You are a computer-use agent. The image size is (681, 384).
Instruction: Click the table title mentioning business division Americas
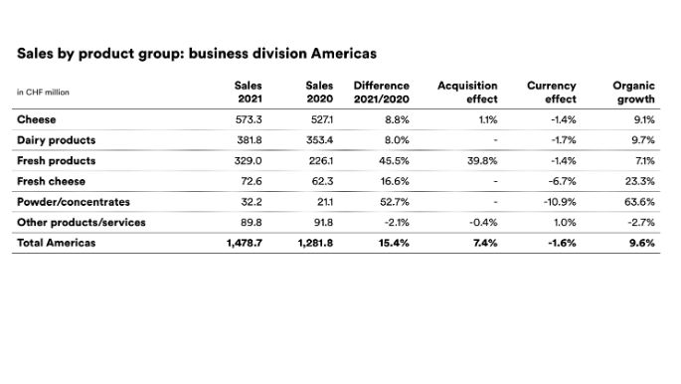(196, 52)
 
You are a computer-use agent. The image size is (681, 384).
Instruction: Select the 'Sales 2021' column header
(249, 93)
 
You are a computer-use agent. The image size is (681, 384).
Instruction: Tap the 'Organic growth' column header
(634, 93)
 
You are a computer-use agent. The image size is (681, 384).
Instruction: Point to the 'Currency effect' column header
(552, 93)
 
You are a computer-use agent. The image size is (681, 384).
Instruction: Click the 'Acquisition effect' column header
(467, 93)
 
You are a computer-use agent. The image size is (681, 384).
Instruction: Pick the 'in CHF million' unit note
(43, 93)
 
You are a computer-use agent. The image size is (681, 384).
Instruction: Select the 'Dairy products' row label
(56, 140)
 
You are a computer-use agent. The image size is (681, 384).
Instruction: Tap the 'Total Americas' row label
(57, 243)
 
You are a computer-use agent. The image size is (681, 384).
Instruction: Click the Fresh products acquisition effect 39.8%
(481, 161)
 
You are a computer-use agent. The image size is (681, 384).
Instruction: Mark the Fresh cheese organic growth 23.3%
(640, 181)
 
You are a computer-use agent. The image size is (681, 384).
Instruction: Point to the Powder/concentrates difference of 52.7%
(395, 202)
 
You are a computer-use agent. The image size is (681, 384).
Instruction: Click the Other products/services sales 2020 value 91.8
(319, 222)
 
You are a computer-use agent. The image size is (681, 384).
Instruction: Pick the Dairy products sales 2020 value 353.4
(317, 140)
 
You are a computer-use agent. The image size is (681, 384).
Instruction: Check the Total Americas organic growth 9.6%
(642, 243)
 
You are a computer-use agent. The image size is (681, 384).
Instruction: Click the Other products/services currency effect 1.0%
(564, 222)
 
